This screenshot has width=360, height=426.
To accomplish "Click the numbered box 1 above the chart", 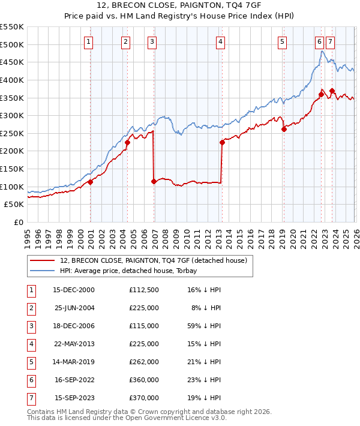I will [x=89, y=41].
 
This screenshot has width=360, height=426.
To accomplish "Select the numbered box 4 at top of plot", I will [x=221, y=41].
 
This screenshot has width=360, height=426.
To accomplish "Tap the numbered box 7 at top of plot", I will [x=331, y=41].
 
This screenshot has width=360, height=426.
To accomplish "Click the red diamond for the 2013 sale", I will [x=222, y=142].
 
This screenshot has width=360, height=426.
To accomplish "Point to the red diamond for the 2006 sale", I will [x=154, y=181].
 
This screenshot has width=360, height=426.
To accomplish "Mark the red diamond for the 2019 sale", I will [x=284, y=129].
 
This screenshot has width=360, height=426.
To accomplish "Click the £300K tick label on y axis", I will [x=12, y=115].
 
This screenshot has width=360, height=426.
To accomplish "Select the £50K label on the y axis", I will [x=14, y=205].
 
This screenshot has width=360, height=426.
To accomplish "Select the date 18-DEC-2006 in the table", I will [x=74, y=326].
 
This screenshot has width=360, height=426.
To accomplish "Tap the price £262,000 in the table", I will [x=143, y=362].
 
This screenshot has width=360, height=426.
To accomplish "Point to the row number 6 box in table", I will [x=30, y=380].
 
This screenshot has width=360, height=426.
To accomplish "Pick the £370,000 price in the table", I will [x=143, y=398].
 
